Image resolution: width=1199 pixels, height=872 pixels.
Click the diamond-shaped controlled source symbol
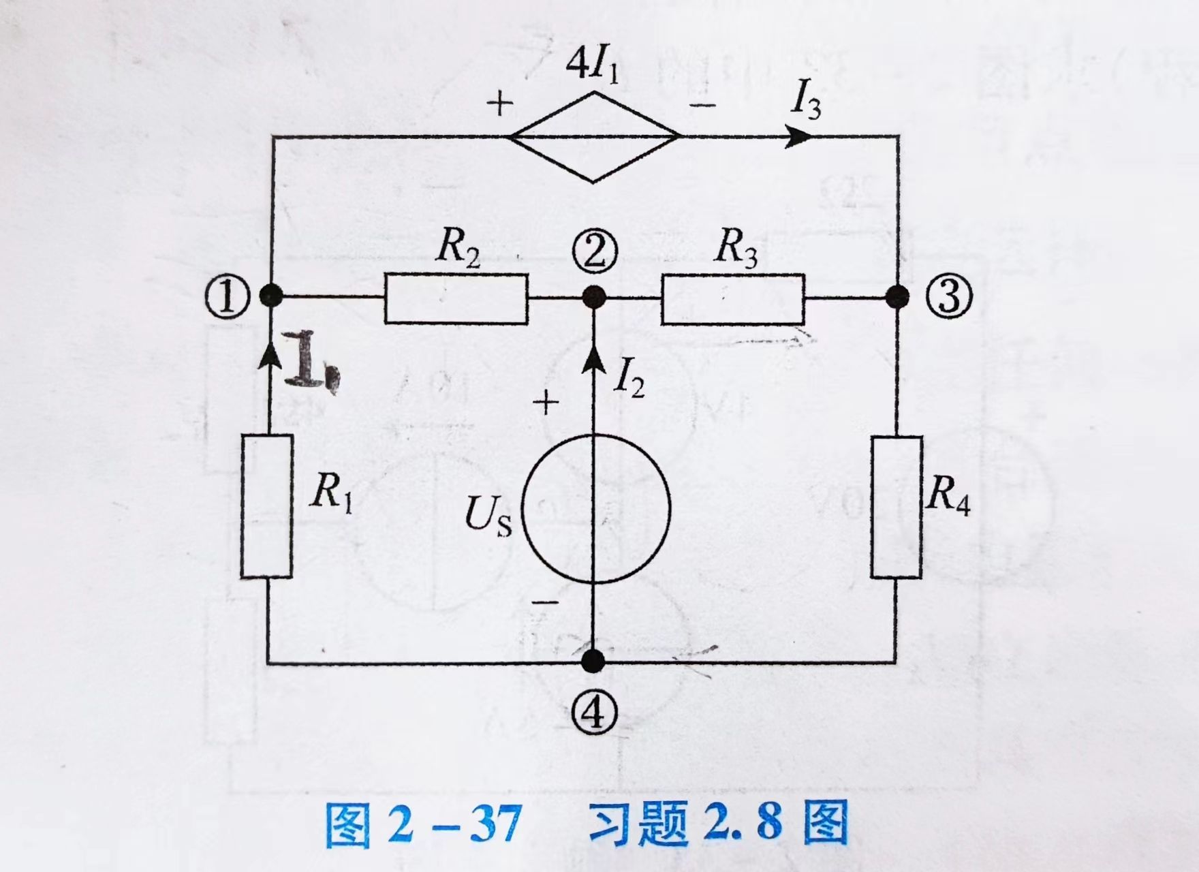(593, 137)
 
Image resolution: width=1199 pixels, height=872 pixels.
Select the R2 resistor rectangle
(456, 298)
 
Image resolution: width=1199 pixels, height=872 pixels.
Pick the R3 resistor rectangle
(732, 298)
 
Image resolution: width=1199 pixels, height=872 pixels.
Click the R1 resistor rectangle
(266, 505)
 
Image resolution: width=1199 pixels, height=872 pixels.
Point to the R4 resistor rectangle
(897, 507)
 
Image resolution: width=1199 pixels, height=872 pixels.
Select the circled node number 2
(595, 252)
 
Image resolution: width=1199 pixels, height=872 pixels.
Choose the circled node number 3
(948, 297)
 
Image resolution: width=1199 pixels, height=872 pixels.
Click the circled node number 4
(595, 713)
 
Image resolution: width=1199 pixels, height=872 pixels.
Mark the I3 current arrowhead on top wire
(798, 136)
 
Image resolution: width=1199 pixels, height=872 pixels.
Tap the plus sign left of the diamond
(501, 104)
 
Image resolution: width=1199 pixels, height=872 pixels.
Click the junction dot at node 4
(594, 660)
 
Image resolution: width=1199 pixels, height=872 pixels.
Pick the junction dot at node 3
(897, 297)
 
